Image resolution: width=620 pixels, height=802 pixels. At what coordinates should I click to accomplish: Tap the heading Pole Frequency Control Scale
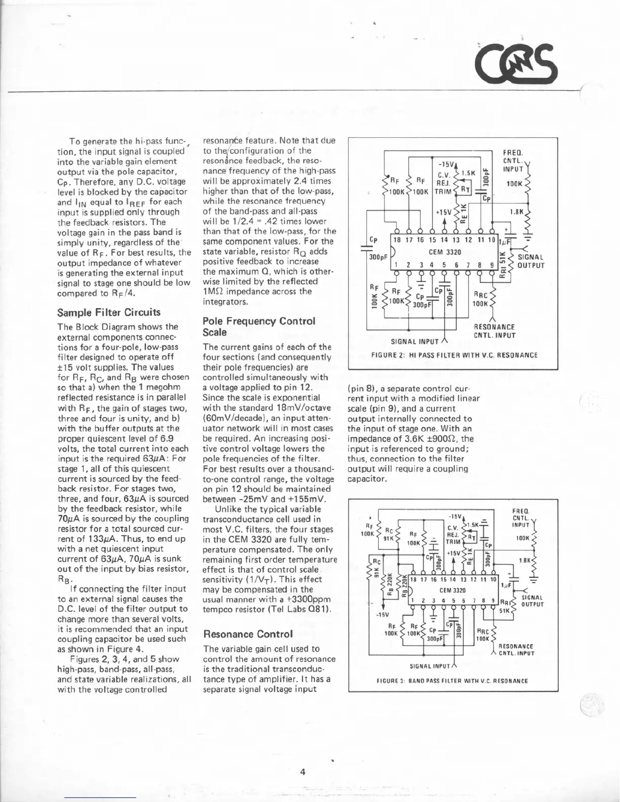pyautogui.click(x=258, y=327)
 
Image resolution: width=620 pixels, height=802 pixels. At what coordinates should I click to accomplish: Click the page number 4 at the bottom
pyautogui.click(x=302, y=772)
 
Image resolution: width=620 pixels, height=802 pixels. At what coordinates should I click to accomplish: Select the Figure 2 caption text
pyautogui.click(x=454, y=355)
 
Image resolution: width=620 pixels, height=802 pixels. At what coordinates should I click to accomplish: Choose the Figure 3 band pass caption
pyautogui.click(x=452, y=681)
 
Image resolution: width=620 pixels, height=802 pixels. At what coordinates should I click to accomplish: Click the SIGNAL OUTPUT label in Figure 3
pyautogui.click(x=532, y=600)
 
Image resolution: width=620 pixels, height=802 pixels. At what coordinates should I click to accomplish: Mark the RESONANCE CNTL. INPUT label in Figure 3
pyautogui.click(x=516, y=650)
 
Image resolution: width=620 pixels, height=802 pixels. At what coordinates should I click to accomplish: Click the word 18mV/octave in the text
pyautogui.click(x=302, y=408)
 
